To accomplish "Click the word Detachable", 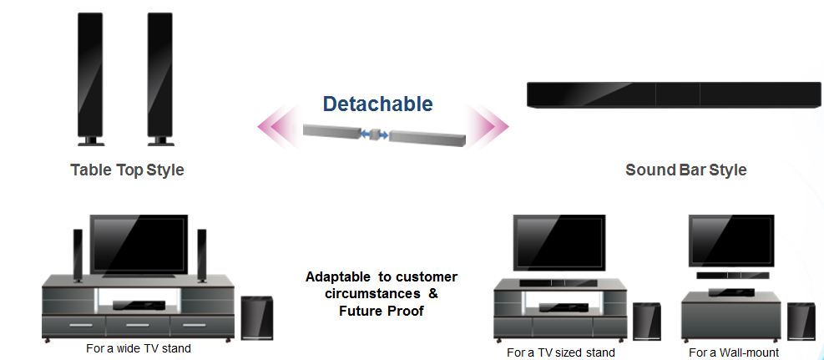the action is pos(377,104).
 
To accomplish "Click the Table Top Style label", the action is pos(127,170).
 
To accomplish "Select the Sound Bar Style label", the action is pos(685,170).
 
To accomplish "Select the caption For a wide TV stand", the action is pos(138,347).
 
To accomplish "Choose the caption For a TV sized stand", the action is pos(560,352).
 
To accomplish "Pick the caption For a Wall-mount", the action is pos(733,352).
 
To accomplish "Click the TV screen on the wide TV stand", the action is pos(139,244).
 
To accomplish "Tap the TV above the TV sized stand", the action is pos(559,241).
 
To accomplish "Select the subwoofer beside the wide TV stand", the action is pos(256,317).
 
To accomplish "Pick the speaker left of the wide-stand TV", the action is pos(78,256).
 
